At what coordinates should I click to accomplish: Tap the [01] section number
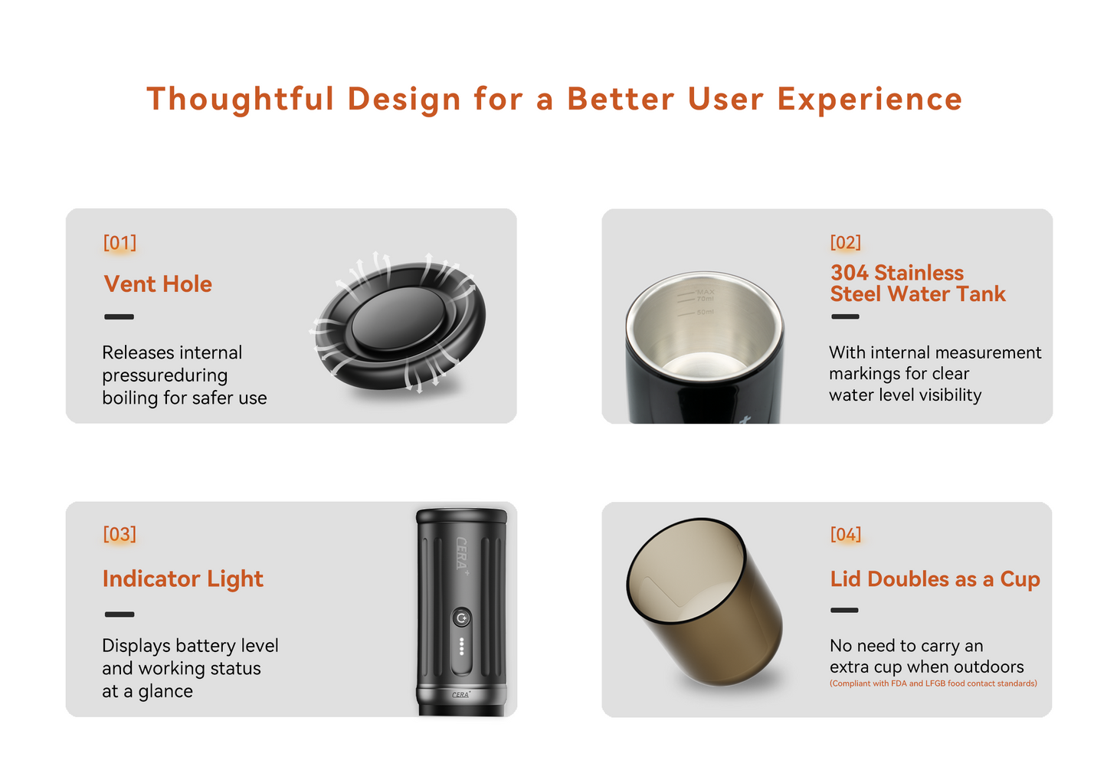[120, 243]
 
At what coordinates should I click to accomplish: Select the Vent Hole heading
[158, 284]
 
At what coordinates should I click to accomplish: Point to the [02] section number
[846, 243]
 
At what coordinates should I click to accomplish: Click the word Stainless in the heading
[919, 273]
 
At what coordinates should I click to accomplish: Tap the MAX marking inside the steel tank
[705, 292]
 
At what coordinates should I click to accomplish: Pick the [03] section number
[120, 534]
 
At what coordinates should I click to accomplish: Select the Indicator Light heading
[182, 579]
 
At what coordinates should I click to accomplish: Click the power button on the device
[461, 618]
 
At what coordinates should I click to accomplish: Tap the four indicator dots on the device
[461, 646]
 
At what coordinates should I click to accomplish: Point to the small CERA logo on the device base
[460, 694]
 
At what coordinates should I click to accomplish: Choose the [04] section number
[846, 534]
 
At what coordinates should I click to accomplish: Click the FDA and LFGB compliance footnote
[933, 683]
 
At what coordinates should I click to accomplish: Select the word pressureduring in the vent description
[165, 375]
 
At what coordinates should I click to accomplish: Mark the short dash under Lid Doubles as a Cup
[844, 611]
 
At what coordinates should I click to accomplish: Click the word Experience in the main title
[870, 100]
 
